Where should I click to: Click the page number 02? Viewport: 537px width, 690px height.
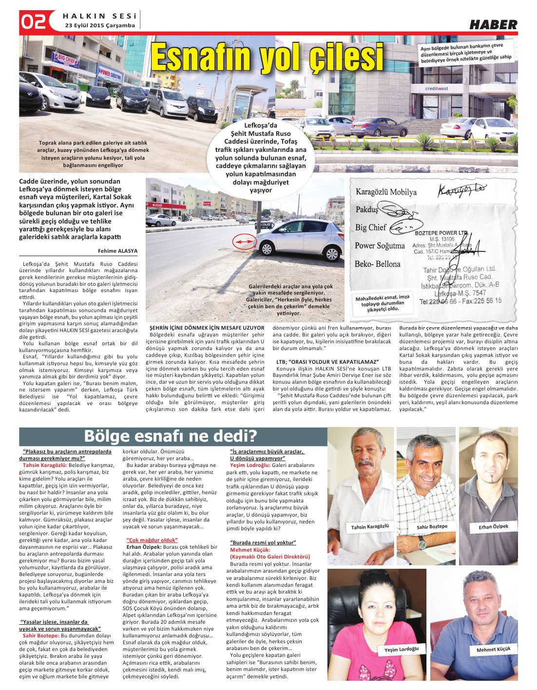tap(33, 21)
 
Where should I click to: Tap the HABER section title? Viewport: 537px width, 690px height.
tap(493, 24)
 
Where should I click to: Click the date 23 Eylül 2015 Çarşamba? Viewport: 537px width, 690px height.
tap(96, 25)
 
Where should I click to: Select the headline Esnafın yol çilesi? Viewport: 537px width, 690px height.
tap(267, 56)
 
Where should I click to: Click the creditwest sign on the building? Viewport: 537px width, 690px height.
tap(436, 89)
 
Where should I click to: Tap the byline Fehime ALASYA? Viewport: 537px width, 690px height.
tap(117, 251)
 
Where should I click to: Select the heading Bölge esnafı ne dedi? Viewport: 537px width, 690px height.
tap(170, 436)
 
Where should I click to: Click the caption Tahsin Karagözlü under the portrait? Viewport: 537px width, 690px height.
tap(370, 526)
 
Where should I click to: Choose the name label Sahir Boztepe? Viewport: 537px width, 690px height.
tap(431, 526)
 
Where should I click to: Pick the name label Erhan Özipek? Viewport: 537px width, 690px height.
tap(493, 526)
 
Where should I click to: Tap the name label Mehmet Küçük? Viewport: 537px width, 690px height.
tap(493, 649)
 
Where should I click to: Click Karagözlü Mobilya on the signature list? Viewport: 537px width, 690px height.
tap(386, 192)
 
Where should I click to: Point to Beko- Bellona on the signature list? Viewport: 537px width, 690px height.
tap(377, 264)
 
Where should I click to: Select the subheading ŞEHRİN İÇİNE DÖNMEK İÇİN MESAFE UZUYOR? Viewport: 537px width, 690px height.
tap(207, 328)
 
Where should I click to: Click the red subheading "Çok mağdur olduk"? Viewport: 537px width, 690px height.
tap(152, 540)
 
